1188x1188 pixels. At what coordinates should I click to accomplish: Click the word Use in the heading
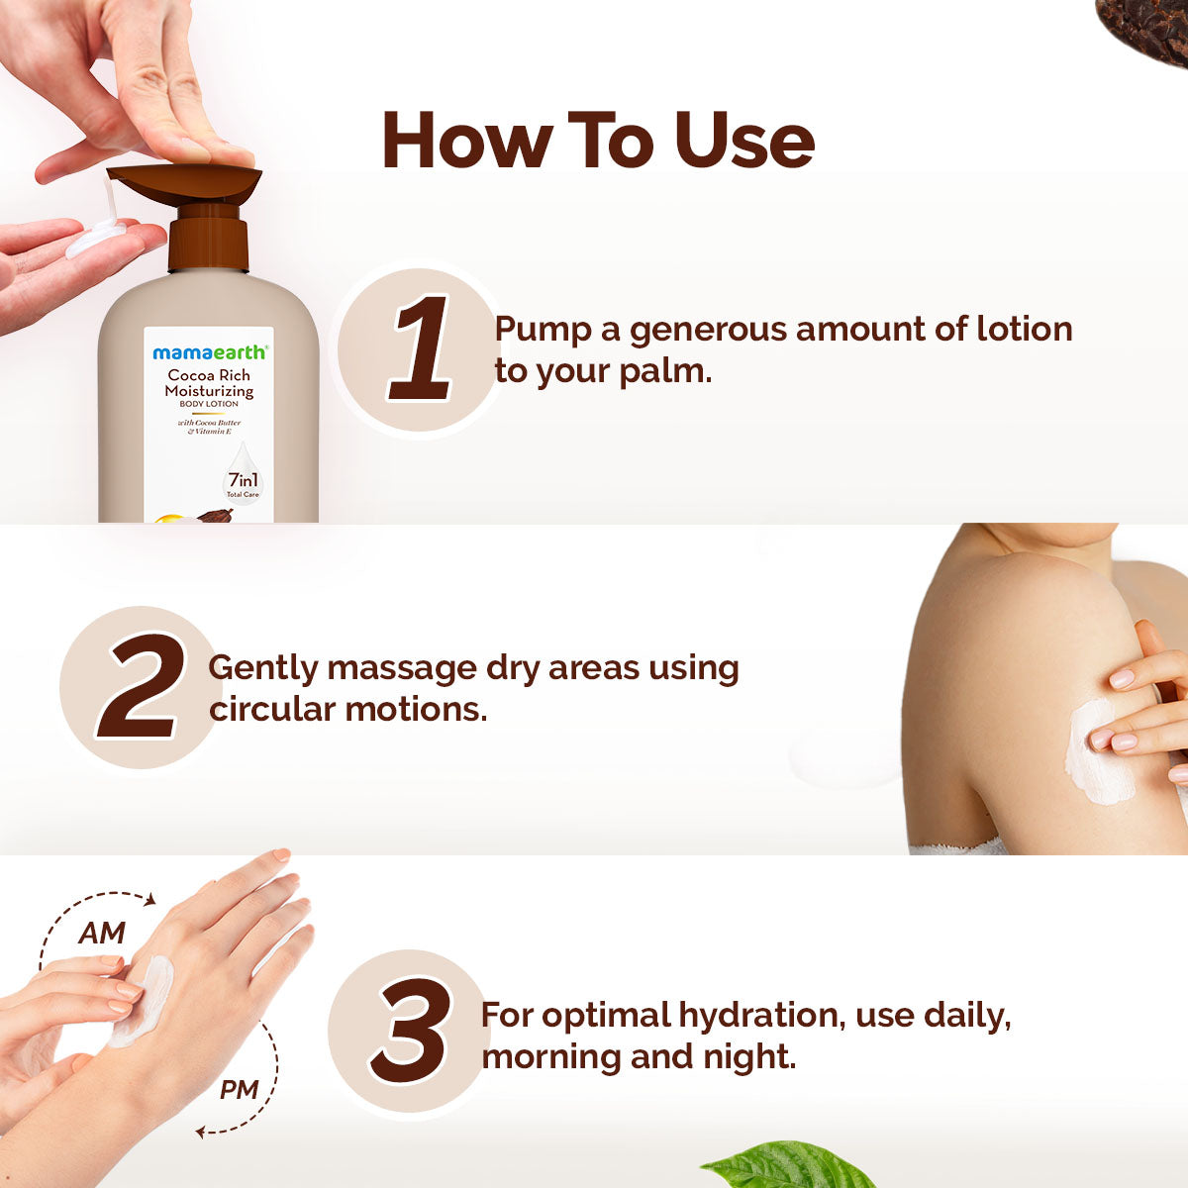(x=744, y=140)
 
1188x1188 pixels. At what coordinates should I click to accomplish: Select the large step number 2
(x=141, y=687)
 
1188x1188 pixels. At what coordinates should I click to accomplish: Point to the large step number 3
(x=409, y=1031)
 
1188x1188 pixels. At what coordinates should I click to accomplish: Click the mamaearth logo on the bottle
(x=209, y=352)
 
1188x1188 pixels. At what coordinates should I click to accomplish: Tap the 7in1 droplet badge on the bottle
(x=243, y=475)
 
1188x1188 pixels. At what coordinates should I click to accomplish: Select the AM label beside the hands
(x=102, y=933)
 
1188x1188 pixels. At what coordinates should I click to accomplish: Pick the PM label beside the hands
(x=239, y=1090)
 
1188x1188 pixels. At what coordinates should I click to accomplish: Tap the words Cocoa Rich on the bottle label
(x=209, y=375)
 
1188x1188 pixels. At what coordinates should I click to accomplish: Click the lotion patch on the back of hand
(x=144, y=1000)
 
